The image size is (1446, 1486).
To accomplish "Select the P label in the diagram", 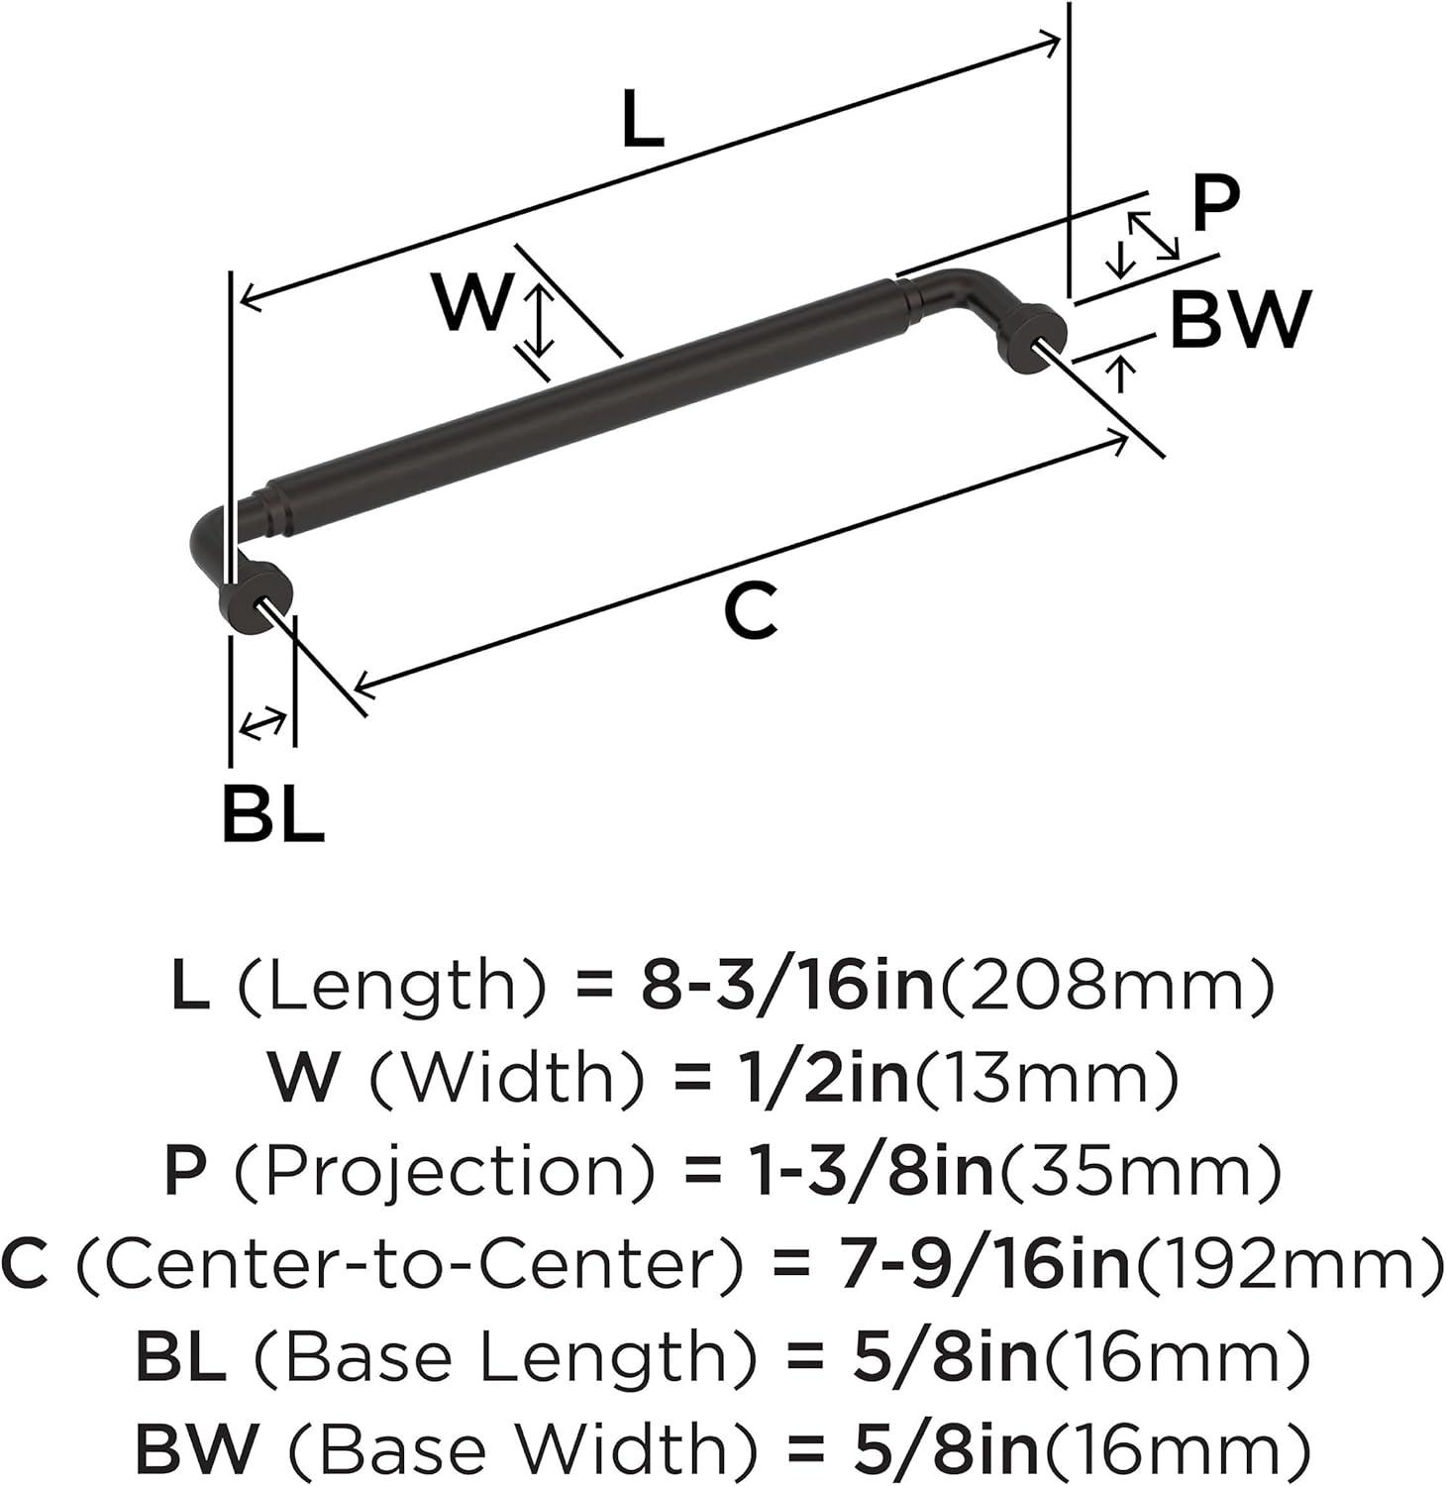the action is [1214, 203].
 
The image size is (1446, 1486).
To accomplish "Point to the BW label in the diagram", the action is [1240, 319].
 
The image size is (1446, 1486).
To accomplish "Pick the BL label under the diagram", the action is [272, 814].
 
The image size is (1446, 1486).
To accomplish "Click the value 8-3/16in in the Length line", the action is [787, 987].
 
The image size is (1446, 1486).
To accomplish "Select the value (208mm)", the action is [1103, 987].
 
